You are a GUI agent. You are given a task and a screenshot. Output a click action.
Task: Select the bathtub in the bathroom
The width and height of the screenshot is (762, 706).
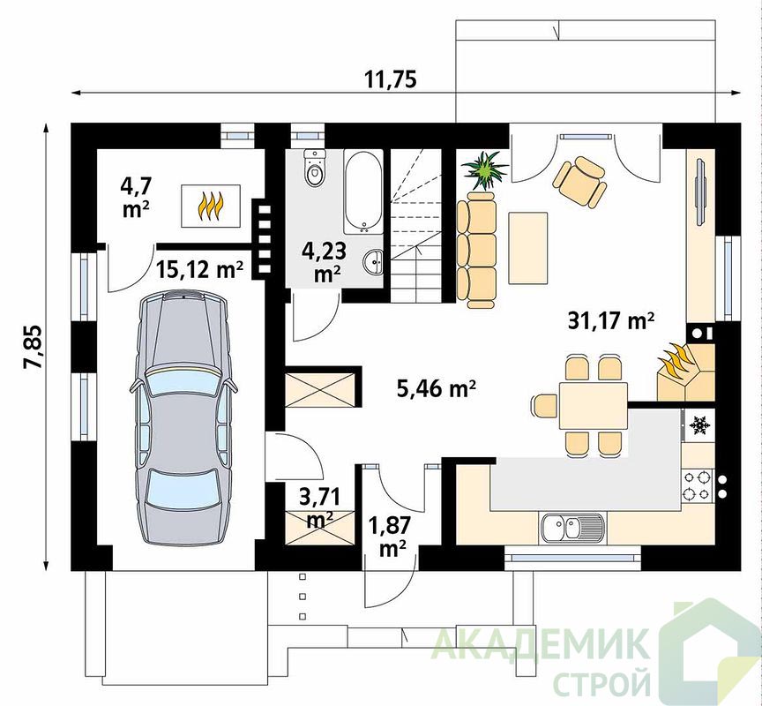tap(363, 192)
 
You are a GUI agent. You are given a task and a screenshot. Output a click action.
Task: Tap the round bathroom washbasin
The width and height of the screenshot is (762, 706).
tap(373, 263)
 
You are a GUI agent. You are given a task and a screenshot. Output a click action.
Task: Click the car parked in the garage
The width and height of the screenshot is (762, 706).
tap(183, 418)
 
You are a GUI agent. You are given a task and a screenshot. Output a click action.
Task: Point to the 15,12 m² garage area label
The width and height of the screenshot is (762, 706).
tap(199, 269)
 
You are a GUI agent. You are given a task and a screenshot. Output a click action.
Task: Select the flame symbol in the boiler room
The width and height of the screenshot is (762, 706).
tap(211, 206)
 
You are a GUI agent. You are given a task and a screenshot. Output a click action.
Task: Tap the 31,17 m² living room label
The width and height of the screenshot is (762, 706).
tap(611, 321)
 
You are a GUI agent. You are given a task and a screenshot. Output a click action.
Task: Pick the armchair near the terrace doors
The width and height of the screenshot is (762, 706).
tap(579, 182)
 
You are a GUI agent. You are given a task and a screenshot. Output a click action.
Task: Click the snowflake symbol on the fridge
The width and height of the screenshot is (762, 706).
tap(699, 425)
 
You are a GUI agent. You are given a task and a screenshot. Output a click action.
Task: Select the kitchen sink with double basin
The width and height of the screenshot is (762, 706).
tap(572, 528)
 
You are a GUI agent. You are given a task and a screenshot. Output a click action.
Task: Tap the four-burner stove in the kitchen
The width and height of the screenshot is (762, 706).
tap(697, 485)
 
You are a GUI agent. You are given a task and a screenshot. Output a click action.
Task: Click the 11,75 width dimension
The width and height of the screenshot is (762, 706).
tap(392, 79)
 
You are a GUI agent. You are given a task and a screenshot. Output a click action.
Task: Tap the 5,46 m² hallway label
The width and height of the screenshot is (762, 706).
tap(436, 389)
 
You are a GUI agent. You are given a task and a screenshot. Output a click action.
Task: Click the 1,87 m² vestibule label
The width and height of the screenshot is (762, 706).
tap(390, 537)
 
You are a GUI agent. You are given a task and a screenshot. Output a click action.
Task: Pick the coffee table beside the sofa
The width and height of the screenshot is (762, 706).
tap(527, 248)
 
